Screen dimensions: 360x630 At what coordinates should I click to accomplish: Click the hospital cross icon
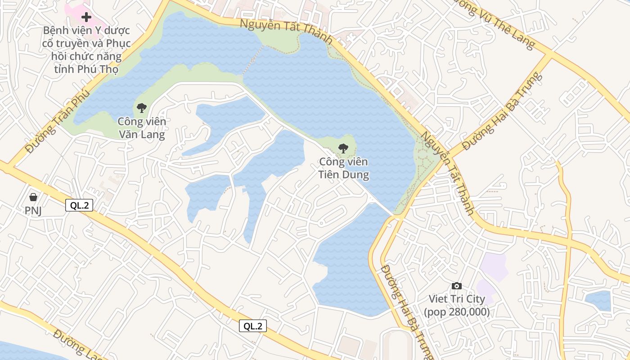click(x=86, y=18)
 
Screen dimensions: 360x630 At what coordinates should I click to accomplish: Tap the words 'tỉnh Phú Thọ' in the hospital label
click(x=86, y=70)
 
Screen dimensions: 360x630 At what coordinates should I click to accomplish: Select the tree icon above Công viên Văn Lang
click(x=142, y=108)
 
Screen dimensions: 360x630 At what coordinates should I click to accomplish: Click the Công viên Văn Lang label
click(x=142, y=128)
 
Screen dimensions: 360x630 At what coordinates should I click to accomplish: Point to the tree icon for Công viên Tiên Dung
click(x=343, y=148)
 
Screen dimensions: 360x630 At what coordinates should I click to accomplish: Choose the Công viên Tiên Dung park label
click(x=344, y=168)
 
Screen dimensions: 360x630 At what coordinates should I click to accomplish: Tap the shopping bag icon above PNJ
click(x=33, y=197)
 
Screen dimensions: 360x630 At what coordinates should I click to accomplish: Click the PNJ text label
click(x=33, y=211)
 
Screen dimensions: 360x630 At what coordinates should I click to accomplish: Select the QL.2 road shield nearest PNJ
click(x=79, y=206)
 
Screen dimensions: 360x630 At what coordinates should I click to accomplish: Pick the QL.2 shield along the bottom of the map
click(x=253, y=326)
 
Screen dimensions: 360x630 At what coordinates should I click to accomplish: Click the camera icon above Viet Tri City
click(x=457, y=286)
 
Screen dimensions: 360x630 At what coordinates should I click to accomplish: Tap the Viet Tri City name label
click(x=457, y=299)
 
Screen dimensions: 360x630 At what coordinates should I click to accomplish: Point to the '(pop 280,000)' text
click(x=457, y=311)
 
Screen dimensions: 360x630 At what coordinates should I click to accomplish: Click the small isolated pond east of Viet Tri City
click(x=598, y=301)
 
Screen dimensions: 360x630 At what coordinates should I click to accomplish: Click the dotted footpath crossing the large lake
click(x=253, y=60)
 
